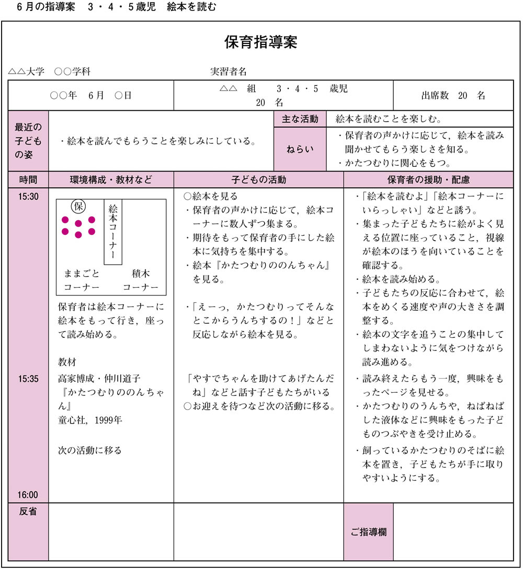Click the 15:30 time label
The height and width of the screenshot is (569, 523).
pyautogui.click(x=28, y=197)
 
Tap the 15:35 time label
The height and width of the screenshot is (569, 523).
pyautogui.click(x=28, y=379)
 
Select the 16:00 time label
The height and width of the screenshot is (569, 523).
pyautogui.click(x=28, y=495)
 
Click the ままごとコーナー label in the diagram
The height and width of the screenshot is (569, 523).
pyautogui.click(x=82, y=280)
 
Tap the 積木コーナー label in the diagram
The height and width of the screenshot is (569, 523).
pyautogui.click(x=141, y=280)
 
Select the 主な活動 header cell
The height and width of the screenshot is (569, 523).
pyautogui.click(x=300, y=119)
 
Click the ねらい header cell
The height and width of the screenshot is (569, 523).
pyautogui.click(x=300, y=149)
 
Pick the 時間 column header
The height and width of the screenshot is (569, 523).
pyautogui.click(x=28, y=180)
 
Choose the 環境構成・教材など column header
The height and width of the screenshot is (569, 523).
pyautogui.click(x=111, y=180)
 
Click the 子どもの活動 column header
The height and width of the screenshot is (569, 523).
pyautogui.click(x=258, y=180)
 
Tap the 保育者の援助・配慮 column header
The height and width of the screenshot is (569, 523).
pyautogui.click(x=428, y=180)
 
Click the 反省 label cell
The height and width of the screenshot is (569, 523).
pyautogui.click(x=28, y=512)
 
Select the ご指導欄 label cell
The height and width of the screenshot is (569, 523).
pyautogui.click(x=368, y=533)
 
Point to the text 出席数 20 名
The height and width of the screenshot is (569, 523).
pyautogui.click(x=453, y=96)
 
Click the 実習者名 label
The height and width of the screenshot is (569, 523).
pyautogui.click(x=229, y=72)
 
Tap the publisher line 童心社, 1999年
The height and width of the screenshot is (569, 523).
pyautogui.click(x=89, y=420)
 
